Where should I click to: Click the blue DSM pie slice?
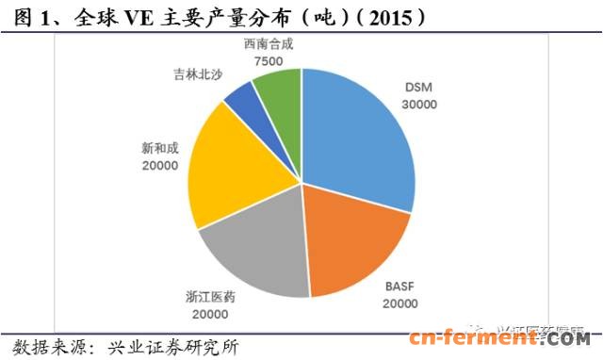(358, 141)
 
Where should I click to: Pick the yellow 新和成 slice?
(226, 170)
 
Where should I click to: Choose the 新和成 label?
(156, 148)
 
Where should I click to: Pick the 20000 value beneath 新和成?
(156, 165)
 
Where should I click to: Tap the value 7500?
(268, 60)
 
